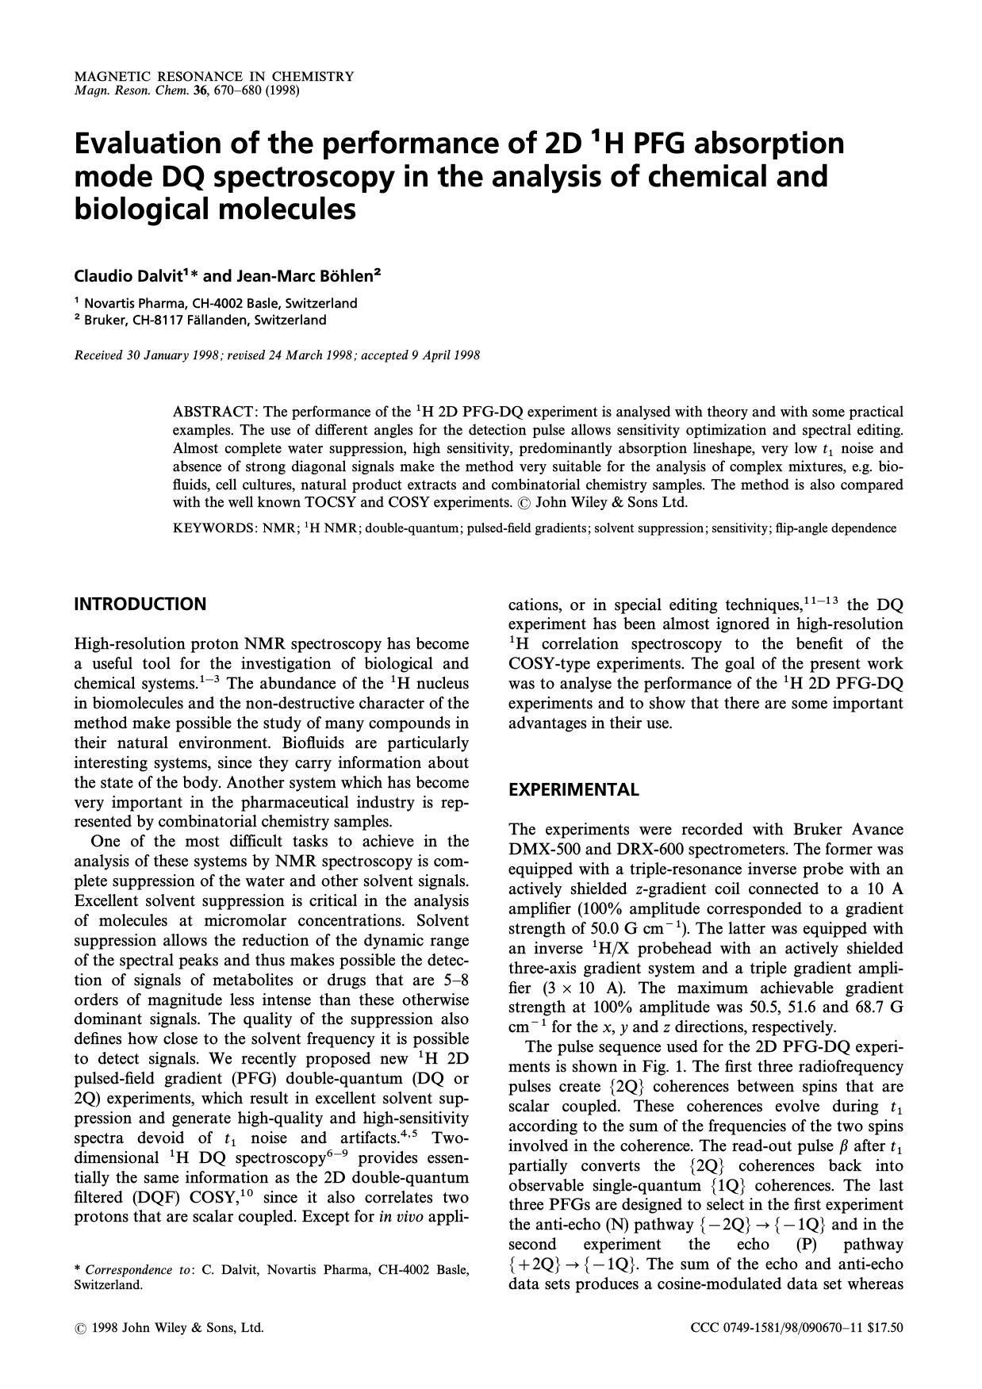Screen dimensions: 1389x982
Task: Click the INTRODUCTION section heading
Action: (140, 604)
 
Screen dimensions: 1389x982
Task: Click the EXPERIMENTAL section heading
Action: (573, 790)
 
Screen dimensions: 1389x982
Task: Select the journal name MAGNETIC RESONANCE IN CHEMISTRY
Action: (213, 77)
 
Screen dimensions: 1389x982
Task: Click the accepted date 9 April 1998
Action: (445, 355)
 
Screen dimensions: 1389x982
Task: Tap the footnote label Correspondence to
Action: (138, 1270)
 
